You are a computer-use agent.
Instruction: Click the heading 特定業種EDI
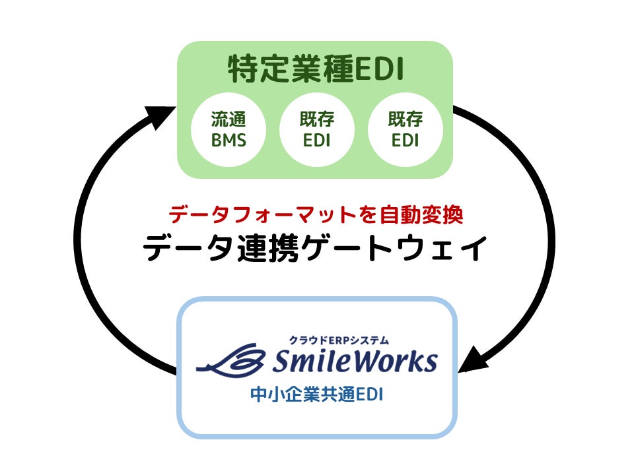coord(315,70)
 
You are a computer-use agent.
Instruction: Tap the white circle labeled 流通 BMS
coord(229,129)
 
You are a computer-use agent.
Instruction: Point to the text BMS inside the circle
coord(229,141)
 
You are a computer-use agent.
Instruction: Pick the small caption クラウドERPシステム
coord(339,340)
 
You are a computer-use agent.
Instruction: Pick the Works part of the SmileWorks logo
coord(400,361)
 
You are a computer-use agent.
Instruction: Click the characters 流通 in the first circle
coord(229,119)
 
